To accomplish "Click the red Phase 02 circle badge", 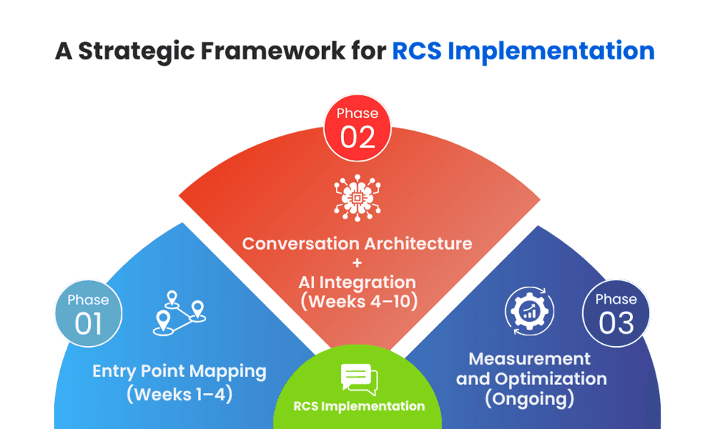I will pos(357,129).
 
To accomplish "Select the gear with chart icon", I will pos(529,311).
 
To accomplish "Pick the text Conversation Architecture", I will pos(357,243).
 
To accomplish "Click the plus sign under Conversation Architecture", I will pos(357,263).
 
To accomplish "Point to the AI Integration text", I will pos(357,282).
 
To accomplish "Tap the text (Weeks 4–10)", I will pos(357,301).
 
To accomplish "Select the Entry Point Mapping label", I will pos(180,371).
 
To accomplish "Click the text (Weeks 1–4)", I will pos(180,394).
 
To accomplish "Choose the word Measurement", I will pos(529,359).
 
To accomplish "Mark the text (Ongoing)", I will pos(529,399).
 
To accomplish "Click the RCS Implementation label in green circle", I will pos(359,406).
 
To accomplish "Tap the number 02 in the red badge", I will pos(357,137).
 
